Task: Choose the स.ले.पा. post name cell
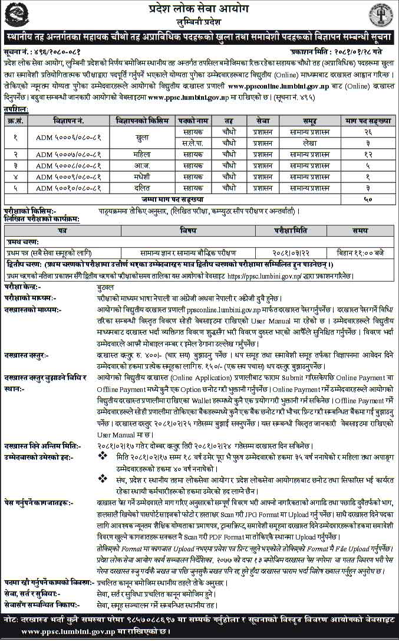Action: tap(193, 143)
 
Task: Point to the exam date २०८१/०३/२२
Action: tap(288, 253)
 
